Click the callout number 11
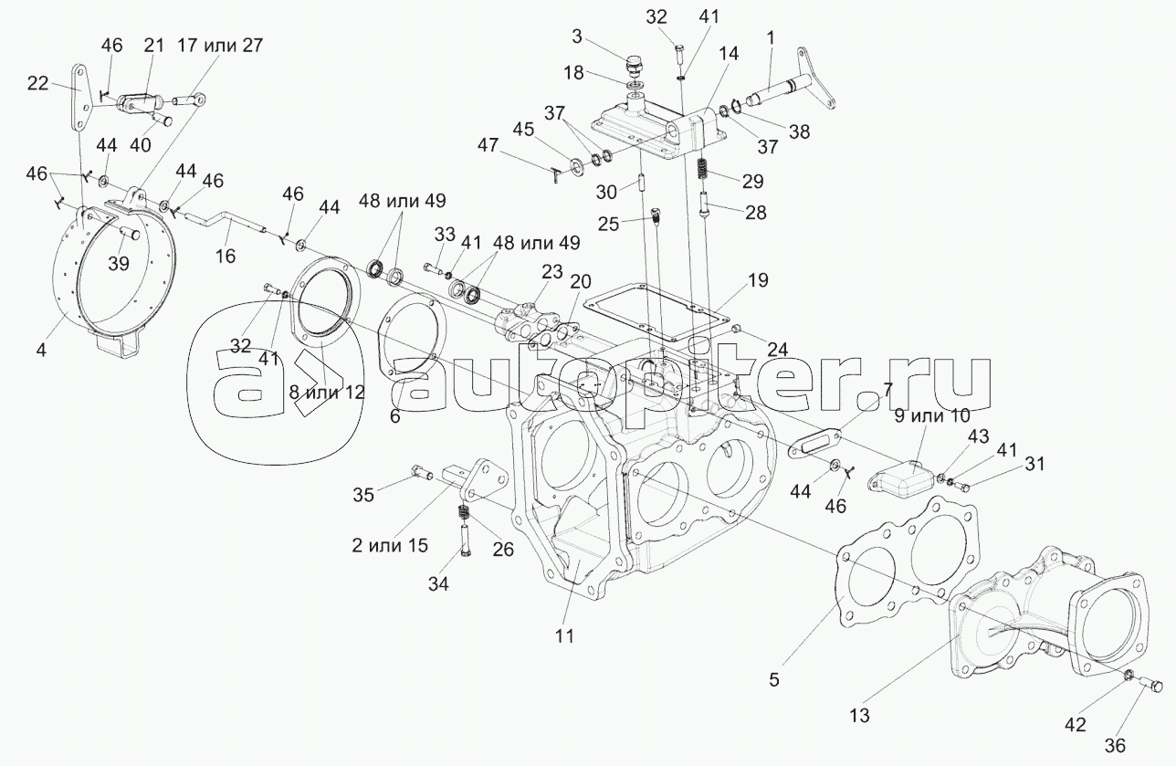coord(564,636)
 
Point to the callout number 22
coord(38,82)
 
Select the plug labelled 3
coord(632,66)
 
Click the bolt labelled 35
coord(421,472)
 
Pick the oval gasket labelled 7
coord(818,447)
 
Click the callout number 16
coord(225,257)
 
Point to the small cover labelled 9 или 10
coord(900,476)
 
